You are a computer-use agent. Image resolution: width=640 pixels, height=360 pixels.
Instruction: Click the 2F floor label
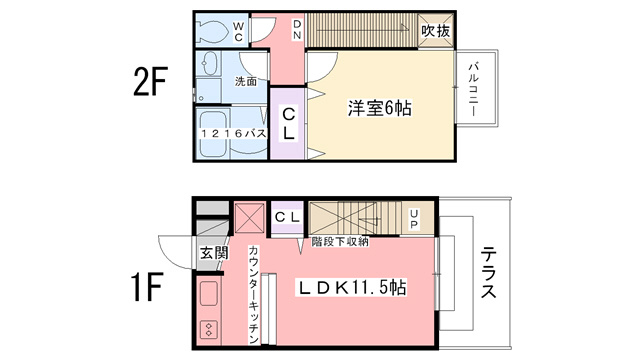click(150, 82)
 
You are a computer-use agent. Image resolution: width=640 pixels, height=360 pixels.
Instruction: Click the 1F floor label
click(147, 287)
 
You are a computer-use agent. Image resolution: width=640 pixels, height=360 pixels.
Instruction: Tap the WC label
click(238, 32)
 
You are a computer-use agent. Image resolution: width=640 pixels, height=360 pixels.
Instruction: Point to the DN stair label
click(297, 29)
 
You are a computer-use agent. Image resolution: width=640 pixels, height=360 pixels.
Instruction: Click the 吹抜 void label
click(436, 31)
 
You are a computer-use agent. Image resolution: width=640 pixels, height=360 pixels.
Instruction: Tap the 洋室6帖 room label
click(380, 108)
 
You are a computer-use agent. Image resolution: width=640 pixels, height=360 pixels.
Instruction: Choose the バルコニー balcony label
click(473, 89)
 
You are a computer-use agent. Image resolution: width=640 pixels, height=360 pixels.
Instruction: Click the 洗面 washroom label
click(246, 81)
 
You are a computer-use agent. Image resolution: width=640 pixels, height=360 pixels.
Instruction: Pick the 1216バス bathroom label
click(233, 133)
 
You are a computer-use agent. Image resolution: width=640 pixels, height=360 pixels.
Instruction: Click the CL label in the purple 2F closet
click(289, 124)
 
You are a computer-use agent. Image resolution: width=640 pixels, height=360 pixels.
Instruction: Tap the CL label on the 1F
click(287, 217)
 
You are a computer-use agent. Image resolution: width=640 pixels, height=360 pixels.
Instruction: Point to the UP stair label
click(414, 219)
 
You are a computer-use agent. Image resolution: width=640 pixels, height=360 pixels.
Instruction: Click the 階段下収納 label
click(340, 242)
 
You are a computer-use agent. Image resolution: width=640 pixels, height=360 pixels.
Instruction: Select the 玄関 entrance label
click(214, 253)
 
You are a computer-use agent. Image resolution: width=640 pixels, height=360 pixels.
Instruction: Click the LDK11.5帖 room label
click(351, 288)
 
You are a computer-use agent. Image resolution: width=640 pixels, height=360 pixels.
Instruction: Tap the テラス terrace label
click(488, 273)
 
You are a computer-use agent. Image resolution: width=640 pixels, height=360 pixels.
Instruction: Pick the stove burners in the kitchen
click(209, 329)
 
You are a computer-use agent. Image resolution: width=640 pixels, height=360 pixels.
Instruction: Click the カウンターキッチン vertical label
click(253, 294)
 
